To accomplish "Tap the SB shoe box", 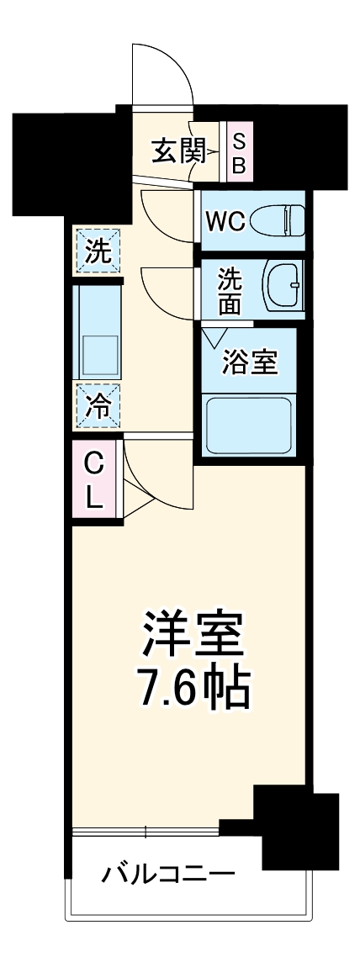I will (238, 152).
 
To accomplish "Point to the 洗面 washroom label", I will (230, 291).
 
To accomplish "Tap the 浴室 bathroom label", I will (248, 365).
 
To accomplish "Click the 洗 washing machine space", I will (98, 251).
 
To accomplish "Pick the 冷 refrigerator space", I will (98, 407).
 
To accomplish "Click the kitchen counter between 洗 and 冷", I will (98, 331).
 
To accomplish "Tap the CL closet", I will (95, 480).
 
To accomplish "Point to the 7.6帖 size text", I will (193, 689).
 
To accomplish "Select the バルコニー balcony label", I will (168, 875).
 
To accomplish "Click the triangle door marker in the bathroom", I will (214, 339).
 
